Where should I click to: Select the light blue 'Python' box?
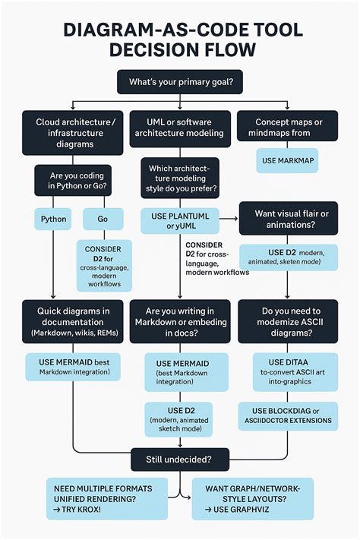(52, 219)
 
